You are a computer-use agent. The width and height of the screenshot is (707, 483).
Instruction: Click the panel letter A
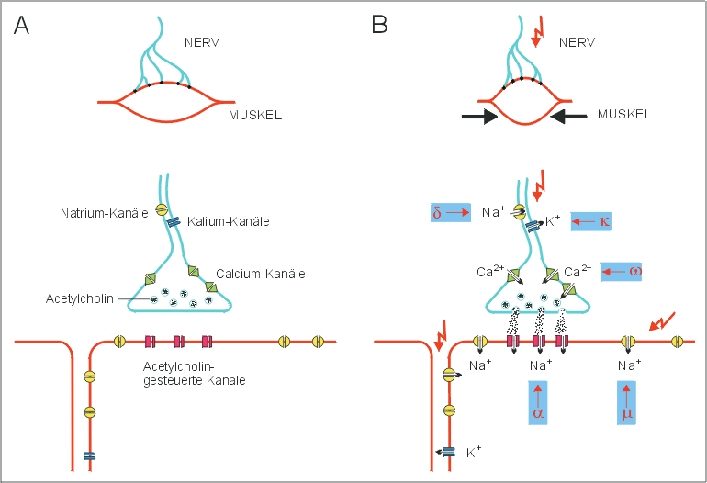[22, 26]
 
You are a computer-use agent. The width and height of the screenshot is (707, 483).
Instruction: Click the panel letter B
[380, 26]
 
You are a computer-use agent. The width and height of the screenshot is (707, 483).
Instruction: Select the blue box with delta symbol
[449, 213]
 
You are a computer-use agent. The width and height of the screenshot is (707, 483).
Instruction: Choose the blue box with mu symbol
[627, 405]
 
